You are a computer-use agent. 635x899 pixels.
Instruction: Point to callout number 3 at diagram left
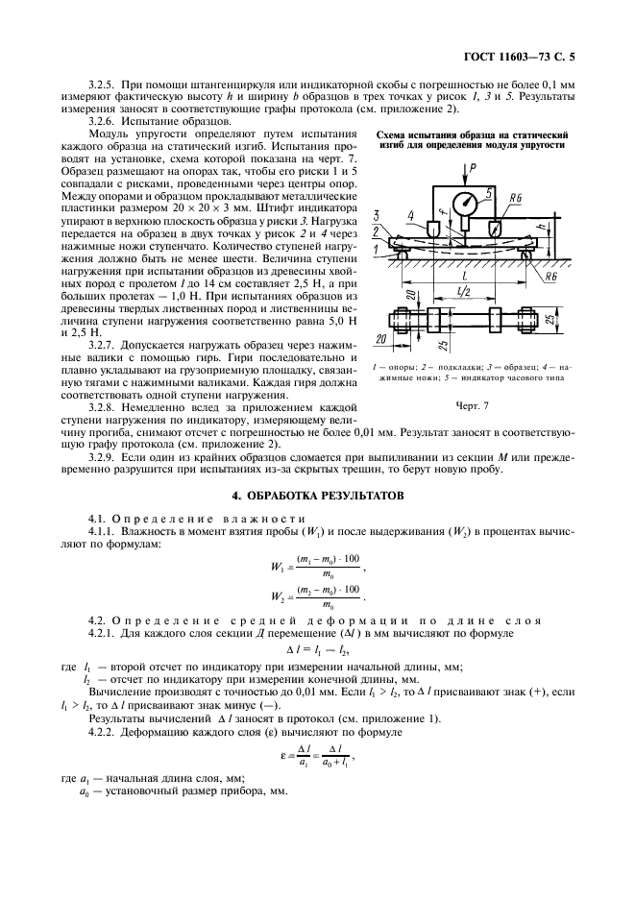[x=378, y=215]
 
